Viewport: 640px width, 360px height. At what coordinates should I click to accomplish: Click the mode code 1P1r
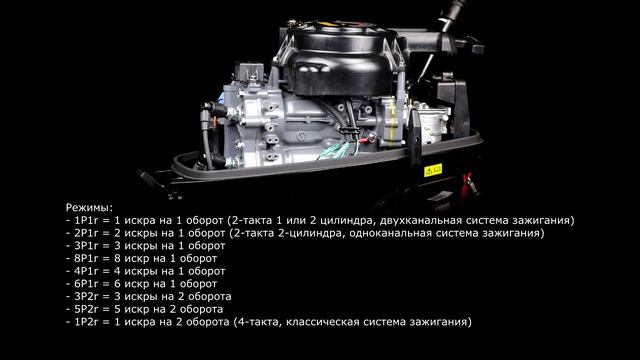tap(88, 219)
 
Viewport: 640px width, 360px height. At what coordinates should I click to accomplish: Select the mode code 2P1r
tap(88, 232)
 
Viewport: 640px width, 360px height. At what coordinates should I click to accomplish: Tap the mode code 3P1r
tap(88, 245)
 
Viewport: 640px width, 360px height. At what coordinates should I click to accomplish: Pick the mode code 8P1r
tap(88, 258)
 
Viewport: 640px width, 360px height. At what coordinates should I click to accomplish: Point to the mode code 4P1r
tap(88, 271)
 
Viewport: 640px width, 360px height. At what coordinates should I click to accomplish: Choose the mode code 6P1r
tap(88, 284)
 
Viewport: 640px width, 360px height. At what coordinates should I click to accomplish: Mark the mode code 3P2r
tap(88, 297)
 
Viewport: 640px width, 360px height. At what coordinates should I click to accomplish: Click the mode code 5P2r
tap(88, 310)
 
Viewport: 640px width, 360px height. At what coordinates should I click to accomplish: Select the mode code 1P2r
tap(88, 323)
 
